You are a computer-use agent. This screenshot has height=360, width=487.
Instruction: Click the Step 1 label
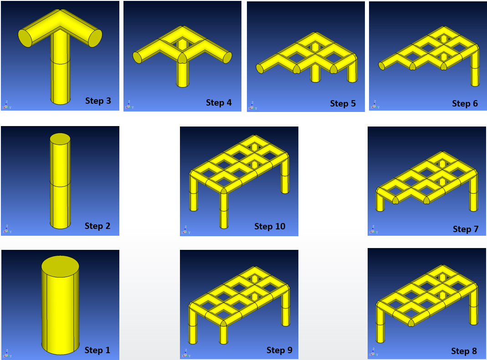coord(97,350)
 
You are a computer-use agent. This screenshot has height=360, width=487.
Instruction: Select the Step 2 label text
coord(97,226)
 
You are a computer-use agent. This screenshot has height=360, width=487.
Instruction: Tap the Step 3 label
coord(98,101)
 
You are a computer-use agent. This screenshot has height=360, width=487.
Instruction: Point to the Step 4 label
coord(219,102)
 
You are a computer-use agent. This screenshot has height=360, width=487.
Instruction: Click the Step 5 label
coord(343,103)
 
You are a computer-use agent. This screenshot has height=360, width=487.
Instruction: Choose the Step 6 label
coord(465,103)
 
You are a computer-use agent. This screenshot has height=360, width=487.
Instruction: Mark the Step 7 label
coord(466,229)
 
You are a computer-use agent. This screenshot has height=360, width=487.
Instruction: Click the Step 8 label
coord(464,351)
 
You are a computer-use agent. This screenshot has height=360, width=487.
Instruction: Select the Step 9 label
coord(279,350)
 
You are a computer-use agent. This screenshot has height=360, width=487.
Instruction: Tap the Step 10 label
coord(270,226)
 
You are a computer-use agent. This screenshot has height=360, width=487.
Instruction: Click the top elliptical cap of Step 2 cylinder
coord(60,139)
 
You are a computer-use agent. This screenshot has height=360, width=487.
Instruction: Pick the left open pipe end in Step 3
coord(25,38)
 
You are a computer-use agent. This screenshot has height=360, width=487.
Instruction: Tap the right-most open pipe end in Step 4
coord(227,57)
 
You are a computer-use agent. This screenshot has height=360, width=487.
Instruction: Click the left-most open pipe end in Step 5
coord(260,68)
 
